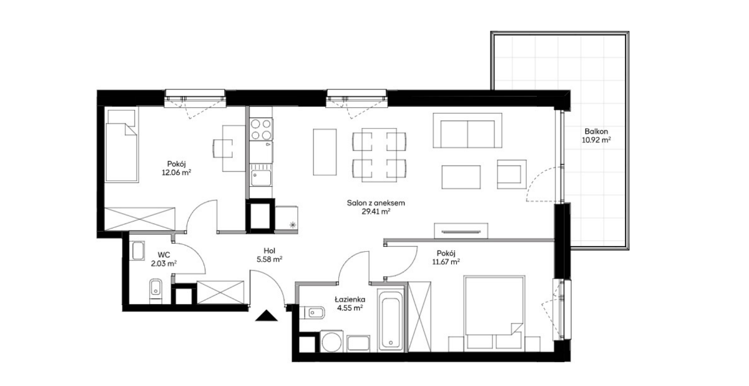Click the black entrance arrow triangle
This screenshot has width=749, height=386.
(x=266, y=316)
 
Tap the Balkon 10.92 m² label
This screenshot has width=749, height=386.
(x=596, y=136)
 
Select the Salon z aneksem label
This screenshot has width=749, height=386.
(x=376, y=203)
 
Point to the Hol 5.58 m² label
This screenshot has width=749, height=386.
(x=270, y=255)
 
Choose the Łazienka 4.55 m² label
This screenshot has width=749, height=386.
(x=350, y=304)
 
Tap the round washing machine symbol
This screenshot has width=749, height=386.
(x=331, y=341)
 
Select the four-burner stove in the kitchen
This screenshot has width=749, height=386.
(x=261, y=129)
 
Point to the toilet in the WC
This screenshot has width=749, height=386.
(x=155, y=290)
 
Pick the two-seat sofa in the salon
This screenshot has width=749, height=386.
(x=468, y=131)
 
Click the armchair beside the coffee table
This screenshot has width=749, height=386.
(x=512, y=174)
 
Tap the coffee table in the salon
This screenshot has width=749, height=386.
(x=461, y=177)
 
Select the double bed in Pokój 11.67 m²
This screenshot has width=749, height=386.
(x=494, y=314)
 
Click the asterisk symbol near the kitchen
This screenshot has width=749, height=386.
(x=293, y=225)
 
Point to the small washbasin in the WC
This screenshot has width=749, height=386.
(x=138, y=251)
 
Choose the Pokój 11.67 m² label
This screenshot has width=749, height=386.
(x=446, y=257)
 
